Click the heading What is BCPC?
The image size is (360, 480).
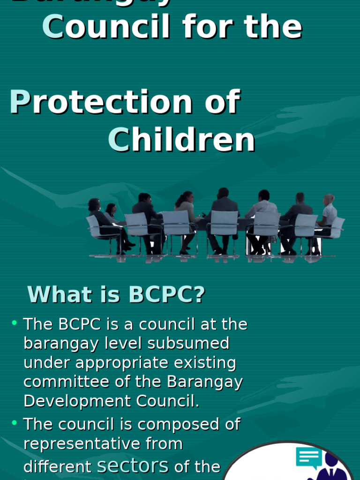click(116, 294)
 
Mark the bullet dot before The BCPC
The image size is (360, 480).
click(15, 322)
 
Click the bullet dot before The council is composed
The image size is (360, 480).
click(15, 422)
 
